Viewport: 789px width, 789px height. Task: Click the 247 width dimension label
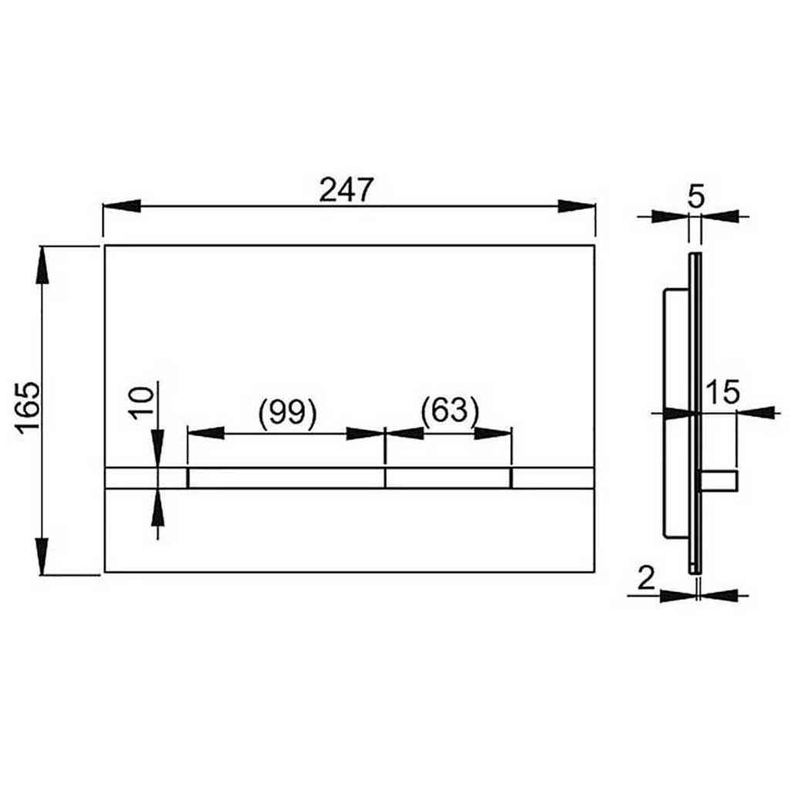(x=346, y=190)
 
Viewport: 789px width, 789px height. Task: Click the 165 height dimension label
(x=27, y=408)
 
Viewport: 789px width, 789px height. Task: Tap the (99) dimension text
(x=288, y=413)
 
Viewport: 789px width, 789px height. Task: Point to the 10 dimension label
(x=142, y=402)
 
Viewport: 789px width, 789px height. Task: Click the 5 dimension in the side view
(x=696, y=196)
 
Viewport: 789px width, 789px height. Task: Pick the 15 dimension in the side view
(x=723, y=391)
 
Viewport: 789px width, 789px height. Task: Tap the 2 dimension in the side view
(x=646, y=578)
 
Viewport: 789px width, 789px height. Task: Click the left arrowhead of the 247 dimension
(x=122, y=206)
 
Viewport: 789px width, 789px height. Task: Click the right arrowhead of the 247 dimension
(x=576, y=206)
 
